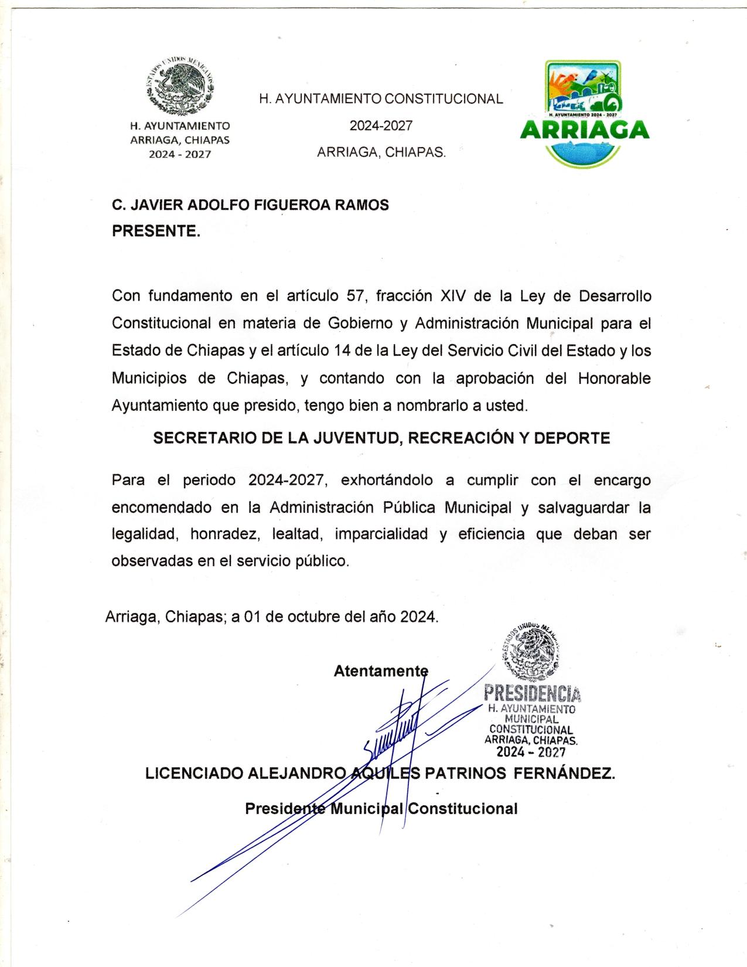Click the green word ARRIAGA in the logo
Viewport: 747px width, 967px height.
click(584, 129)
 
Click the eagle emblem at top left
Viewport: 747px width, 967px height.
click(179, 87)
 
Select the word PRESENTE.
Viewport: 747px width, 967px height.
click(156, 231)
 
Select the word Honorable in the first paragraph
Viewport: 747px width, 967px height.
click(614, 379)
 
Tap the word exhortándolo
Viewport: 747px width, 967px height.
click(387, 481)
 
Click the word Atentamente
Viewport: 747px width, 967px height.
click(381, 671)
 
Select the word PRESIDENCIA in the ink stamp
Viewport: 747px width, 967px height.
click(532, 694)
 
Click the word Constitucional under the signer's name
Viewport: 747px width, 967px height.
click(463, 809)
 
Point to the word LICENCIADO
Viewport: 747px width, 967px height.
click(193, 774)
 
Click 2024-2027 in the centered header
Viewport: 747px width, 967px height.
click(381, 126)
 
